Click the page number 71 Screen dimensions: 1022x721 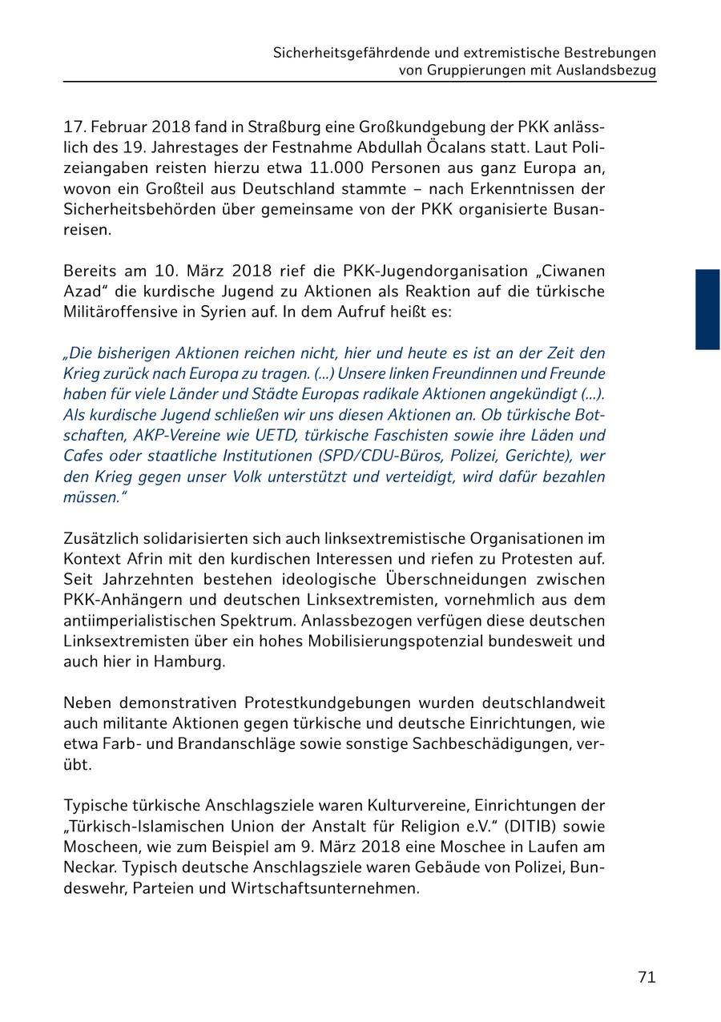[646, 977]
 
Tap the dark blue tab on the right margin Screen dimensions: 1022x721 [707, 309]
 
